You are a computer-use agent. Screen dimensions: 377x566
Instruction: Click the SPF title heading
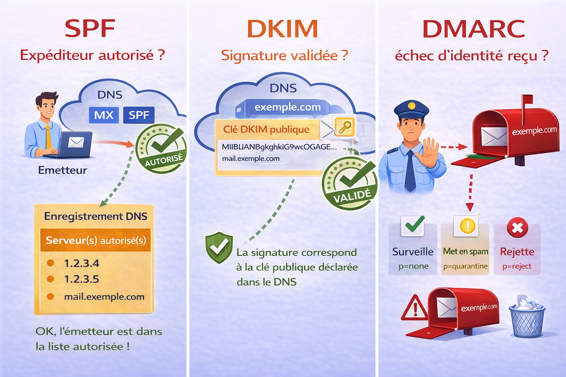[90, 29]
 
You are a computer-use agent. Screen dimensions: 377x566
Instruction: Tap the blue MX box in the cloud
[104, 115]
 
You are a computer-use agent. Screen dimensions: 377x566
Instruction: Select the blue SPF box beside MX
[139, 115]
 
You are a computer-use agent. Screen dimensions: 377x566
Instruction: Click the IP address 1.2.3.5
[81, 279]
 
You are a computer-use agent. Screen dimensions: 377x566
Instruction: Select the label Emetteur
[63, 170]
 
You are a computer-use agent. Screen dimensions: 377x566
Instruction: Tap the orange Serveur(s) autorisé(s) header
[95, 240]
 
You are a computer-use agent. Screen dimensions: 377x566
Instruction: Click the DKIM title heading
[282, 29]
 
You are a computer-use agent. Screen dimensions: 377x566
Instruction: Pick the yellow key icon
[345, 127]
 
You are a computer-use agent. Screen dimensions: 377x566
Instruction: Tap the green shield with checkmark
[219, 247]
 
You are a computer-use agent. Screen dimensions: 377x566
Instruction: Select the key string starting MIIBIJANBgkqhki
[279, 147]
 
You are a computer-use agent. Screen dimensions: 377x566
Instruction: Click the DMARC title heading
[474, 29]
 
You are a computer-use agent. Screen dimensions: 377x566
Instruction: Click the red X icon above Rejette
[517, 228]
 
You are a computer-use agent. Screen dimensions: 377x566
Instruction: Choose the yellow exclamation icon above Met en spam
[468, 225]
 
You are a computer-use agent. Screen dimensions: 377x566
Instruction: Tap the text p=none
[413, 266]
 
